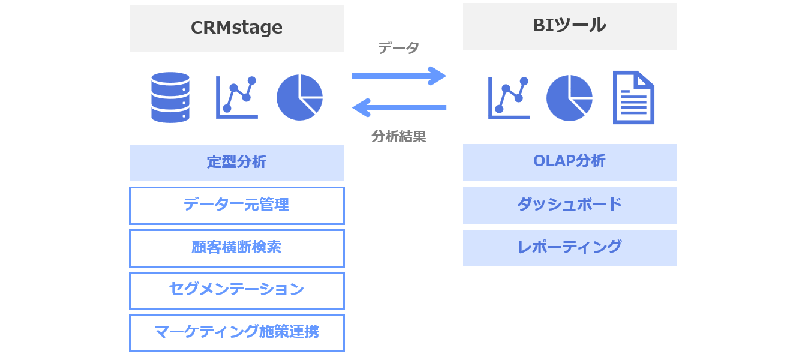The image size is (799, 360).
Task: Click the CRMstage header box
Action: (236, 28)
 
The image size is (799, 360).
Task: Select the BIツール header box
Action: (569, 26)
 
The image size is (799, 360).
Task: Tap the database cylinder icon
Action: (170, 97)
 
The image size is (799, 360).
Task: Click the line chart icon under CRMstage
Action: (236, 97)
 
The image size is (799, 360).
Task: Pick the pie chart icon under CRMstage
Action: (299, 97)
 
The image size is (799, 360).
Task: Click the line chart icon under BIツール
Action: (509, 98)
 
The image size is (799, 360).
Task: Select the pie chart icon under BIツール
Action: (569, 98)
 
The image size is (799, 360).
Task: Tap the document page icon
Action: (633, 98)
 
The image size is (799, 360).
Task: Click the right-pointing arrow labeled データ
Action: (399, 76)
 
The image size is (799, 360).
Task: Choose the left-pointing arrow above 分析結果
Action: (399, 108)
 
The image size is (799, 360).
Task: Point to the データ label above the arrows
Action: (398, 49)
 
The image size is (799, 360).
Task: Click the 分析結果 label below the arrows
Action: (398, 136)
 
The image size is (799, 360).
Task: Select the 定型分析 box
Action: (236, 163)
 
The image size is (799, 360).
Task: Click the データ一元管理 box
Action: (236, 205)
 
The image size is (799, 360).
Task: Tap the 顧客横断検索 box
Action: (236, 248)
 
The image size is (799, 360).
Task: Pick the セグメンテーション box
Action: (236, 290)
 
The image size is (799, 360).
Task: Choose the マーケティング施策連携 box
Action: (236, 332)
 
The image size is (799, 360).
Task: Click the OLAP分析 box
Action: (569, 162)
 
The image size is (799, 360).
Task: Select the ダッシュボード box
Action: (569, 205)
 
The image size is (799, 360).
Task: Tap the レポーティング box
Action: (569, 248)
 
